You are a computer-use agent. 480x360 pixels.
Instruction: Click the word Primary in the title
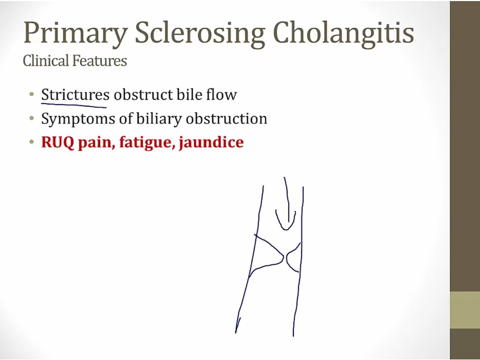coord(76,34)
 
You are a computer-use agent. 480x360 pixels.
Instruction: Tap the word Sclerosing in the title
coord(200,34)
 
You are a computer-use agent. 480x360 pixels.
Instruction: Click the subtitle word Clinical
coord(46,60)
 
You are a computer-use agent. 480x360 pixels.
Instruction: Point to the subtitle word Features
coord(99,61)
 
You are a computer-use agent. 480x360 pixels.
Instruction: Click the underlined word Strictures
coord(75,94)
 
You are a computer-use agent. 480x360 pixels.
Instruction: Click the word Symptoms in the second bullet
coord(78,119)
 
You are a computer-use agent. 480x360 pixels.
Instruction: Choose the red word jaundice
coord(212,143)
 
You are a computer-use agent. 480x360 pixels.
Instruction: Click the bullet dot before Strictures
coord(31,94)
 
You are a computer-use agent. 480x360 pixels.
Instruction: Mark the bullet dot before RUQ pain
coord(31,142)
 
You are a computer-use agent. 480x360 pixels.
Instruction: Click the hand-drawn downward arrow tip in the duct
coord(286,229)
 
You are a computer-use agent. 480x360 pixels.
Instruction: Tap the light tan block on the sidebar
coord(465,310)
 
